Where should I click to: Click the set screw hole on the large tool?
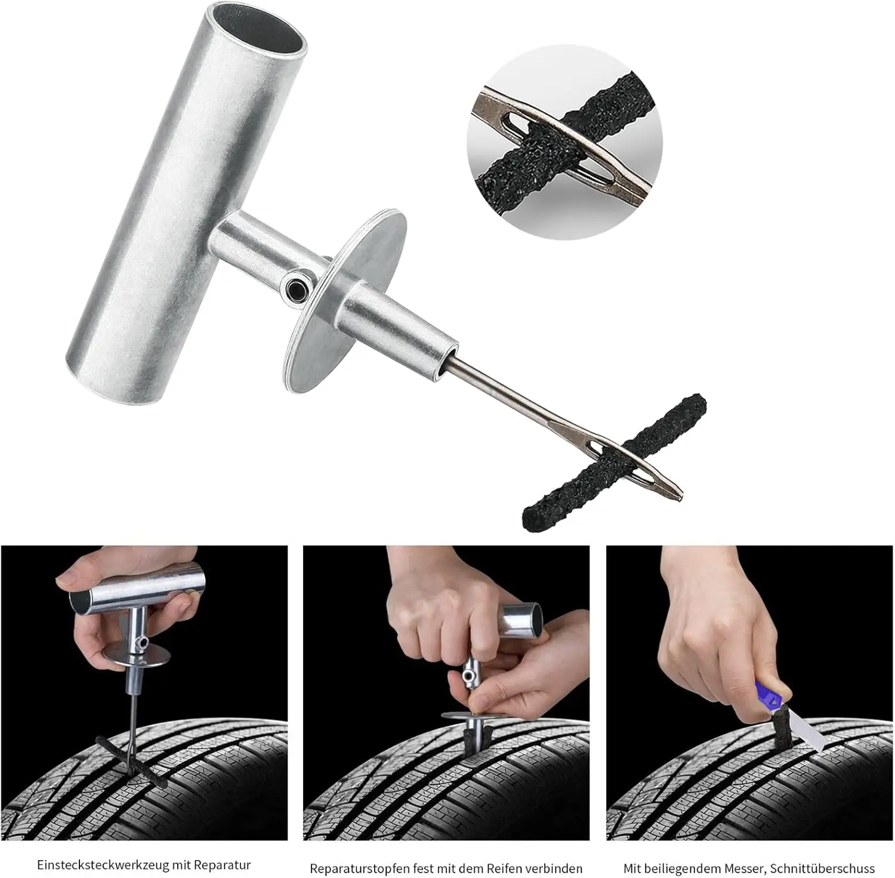[x=296, y=289]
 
